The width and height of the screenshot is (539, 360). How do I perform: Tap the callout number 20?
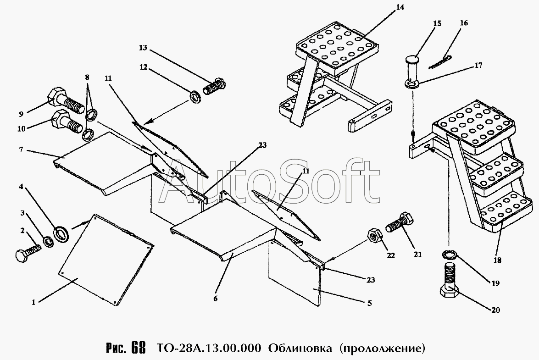[495, 310]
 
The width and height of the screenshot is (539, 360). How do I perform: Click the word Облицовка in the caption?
[300, 348]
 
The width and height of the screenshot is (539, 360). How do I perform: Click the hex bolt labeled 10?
[67, 122]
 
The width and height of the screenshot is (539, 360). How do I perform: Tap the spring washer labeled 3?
[49, 242]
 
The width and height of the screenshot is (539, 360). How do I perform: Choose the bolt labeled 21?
[400, 222]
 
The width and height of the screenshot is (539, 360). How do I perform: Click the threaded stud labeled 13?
[214, 87]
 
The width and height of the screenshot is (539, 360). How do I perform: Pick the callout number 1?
[33, 302]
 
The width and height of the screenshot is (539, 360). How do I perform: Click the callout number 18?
[497, 260]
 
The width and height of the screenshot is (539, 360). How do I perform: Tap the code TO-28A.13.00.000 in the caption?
[206, 348]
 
